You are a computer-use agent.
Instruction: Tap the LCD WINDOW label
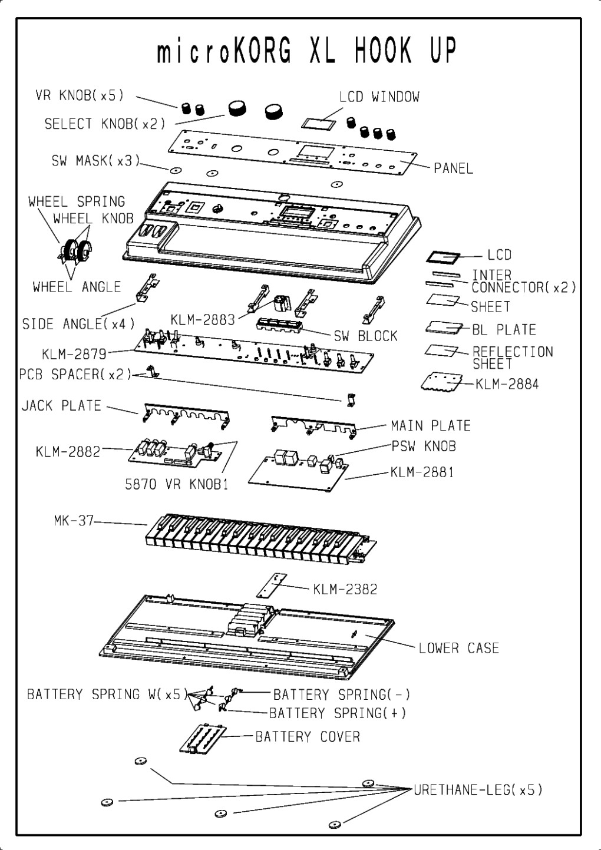[x=379, y=97]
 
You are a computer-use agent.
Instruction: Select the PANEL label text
[x=453, y=168]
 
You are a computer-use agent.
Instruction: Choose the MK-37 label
[x=70, y=521]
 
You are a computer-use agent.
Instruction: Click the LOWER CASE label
[x=458, y=649]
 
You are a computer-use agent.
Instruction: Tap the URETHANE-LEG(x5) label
[x=478, y=790]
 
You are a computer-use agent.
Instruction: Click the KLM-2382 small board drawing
[x=272, y=586]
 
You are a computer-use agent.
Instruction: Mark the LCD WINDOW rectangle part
[x=319, y=123]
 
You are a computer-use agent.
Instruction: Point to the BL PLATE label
[x=504, y=329]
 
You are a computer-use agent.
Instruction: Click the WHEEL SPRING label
[x=77, y=202]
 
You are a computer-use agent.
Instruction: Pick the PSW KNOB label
[x=424, y=446]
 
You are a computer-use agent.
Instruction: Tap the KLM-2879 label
[x=74, y=354]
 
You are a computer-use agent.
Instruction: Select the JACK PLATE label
[x=62, y=406]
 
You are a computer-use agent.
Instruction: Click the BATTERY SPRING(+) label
[x=338, y=713]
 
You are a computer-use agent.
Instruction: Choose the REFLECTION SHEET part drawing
[x=441, y=350]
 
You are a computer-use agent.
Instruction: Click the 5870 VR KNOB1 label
[x=176, y=485]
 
